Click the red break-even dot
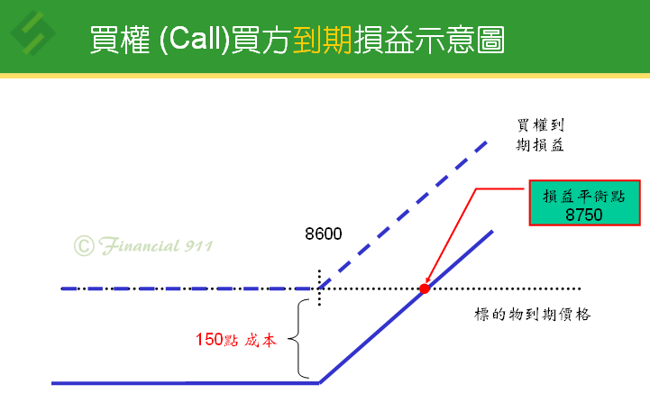coord(424,289)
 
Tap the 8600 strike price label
coord(324,234)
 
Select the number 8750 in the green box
coord(583,215)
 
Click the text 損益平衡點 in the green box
coord(583,197)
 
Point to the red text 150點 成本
coord(236,340)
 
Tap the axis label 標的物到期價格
coord(532,315)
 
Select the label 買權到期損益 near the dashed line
coord(540,134)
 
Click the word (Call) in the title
coord(195,39)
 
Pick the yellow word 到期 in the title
coord(323,40)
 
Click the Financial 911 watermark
coord(143,245)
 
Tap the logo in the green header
coord(32,33)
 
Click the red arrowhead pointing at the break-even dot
coord(428,279)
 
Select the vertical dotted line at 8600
coord(319,288)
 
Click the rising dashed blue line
coord(403,215)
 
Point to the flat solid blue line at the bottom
coord(186,383)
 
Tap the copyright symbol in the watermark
coord(84,246)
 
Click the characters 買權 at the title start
coord(120,40)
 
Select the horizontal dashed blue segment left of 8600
coord(190,289)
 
